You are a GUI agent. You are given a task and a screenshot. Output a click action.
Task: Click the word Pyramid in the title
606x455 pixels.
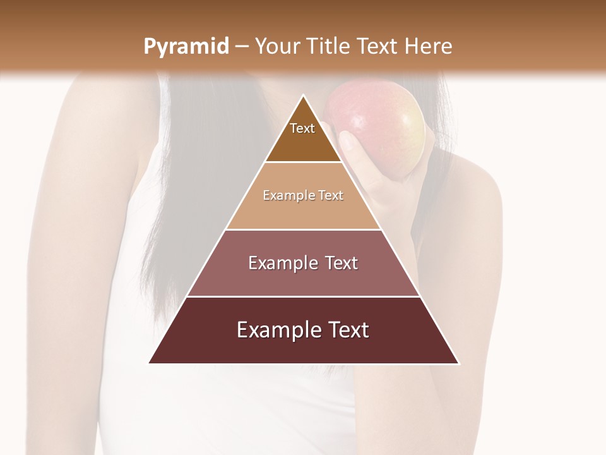(186, 47)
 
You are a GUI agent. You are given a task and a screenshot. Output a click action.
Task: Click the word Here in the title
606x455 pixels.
(429, 46)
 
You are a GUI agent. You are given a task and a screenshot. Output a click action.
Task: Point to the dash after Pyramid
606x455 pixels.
(241, 47)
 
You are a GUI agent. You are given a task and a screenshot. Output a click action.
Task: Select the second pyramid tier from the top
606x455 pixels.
(303, 209)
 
